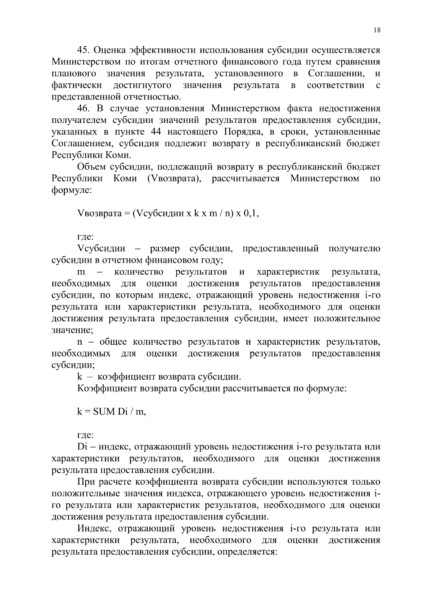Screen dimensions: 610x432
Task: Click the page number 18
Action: [377, 30]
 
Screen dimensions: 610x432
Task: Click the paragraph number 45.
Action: [84, 50]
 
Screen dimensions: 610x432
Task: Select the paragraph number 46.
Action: [84, 109]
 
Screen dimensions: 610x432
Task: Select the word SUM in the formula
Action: [103, 412]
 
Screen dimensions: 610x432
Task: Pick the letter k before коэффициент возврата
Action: [80, 377]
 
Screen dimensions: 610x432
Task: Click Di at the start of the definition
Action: [82, 447]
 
